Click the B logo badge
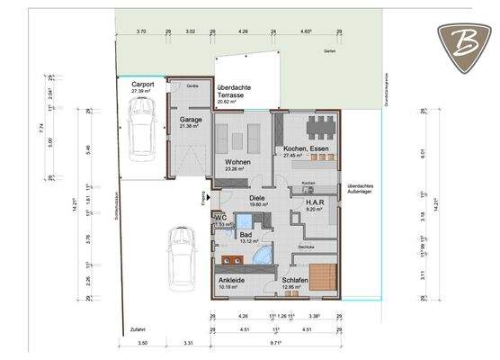pos(464,43)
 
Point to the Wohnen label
pos(237,162)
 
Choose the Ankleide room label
pos(232,280)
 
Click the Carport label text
pos(144,85)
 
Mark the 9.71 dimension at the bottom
pos(277,343)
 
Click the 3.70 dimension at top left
pos(140,31)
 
